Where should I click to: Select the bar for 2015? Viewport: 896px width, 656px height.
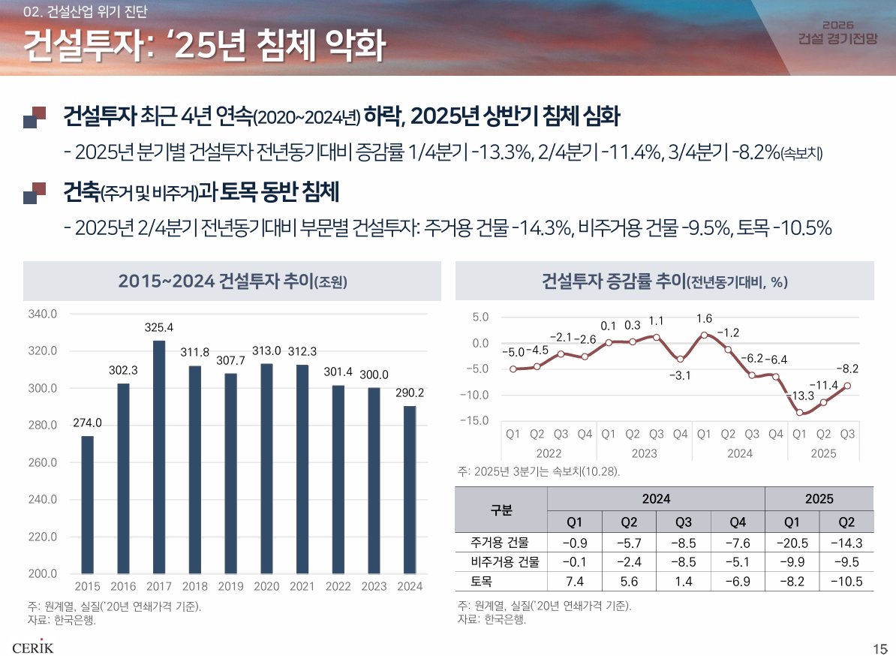(x=88, y=504)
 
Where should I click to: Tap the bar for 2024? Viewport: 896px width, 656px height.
(x=410, y=489)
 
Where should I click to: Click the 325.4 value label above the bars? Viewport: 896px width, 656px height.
(x=159, y=327)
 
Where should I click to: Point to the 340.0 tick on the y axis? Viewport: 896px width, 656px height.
(x=43, y=314)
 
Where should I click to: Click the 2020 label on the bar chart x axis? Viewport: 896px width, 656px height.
(x=266, y=586)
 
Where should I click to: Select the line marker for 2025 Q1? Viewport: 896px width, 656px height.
(x=800, y=412)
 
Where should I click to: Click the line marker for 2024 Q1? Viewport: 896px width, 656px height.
(x=704, y=335)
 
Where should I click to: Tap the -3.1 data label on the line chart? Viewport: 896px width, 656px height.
(x=680, y=375)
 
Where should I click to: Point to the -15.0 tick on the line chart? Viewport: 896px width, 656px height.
(x=474, y=420)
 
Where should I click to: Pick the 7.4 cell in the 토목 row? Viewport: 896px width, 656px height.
(x=574, y=581)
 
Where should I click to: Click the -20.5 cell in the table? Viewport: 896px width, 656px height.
(x=792, y=543)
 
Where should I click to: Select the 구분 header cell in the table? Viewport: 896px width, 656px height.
(x=501, y=510)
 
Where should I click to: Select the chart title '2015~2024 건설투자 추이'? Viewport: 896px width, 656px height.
(x=233, y=281)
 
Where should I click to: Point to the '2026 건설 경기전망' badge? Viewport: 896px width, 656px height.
(x=837, y=32)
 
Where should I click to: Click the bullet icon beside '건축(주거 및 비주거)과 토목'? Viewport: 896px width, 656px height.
(x=35, y=193)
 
